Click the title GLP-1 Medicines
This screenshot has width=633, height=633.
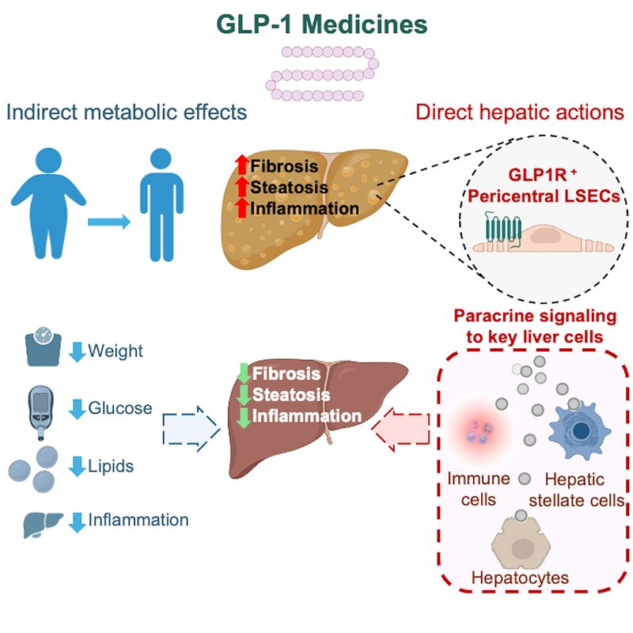pos(322,25)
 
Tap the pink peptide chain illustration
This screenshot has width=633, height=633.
pos(322,74)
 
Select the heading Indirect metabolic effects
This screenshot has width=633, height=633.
pos(127,112)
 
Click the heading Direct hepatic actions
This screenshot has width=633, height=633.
pos(520,112)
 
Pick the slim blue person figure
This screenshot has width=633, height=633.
pos(161,205)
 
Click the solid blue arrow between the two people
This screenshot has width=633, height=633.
pos(109,222)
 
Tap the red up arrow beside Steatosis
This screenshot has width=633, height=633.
pos(242,187)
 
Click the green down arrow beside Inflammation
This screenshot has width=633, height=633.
pos(244,418)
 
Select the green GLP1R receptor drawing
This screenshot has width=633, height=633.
pos(503,229)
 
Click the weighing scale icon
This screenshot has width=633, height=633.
pos(44,347)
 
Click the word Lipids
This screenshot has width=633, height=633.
pos(111,466)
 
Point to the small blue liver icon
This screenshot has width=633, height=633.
pos(43,524)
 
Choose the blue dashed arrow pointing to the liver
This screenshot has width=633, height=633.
pos(191,428)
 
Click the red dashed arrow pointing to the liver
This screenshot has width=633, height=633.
pos(400,430)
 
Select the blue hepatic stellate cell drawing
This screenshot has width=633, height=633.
pos(579,431)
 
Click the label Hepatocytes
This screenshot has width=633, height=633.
pos(520,578)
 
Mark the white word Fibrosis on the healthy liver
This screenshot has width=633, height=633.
pos(286,373)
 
